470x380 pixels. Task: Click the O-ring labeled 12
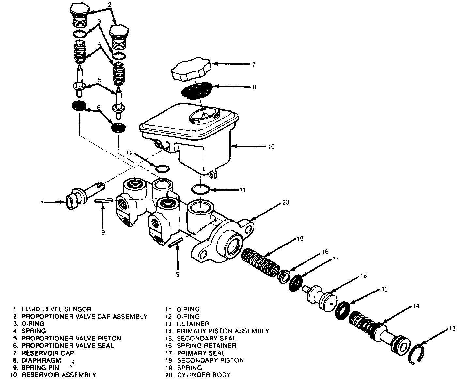point(162,169)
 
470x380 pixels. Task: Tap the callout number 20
point(285,202)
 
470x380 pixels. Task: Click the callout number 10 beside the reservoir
point(271,147)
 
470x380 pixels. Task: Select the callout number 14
point(415,306)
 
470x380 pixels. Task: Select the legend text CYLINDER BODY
point(204,375)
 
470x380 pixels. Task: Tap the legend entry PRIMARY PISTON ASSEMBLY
point(223,331)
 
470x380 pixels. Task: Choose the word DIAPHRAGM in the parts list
point(41,360)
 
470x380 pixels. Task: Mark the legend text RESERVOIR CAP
point(48,353)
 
